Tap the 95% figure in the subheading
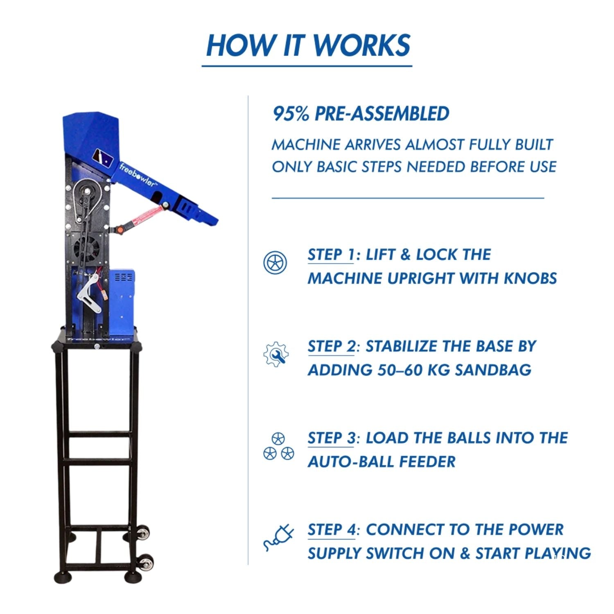[291, 114]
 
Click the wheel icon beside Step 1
[275, 262]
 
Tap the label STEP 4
[332, 530]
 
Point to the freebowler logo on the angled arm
[138, 175]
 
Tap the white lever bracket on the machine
[92, 290]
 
